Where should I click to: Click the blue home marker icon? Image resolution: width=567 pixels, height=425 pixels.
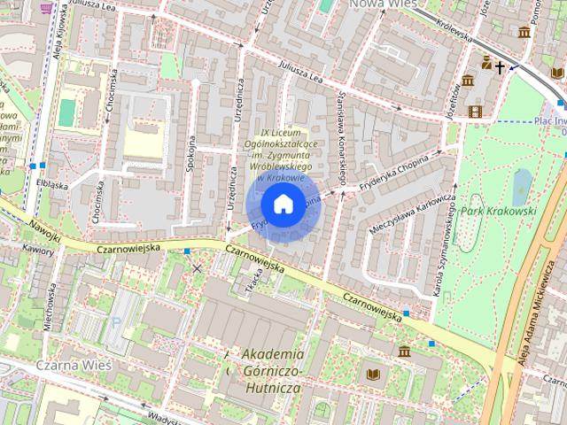[x=283, y=205]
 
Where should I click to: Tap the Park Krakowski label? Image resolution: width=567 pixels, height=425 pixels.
[x=499, y=212]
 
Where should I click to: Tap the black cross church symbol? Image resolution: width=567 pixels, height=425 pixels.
[x=501, y=66]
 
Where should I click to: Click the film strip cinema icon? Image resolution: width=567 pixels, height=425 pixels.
[x=476, y=111]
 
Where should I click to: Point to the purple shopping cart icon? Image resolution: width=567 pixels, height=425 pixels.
[x=46, y=5]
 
